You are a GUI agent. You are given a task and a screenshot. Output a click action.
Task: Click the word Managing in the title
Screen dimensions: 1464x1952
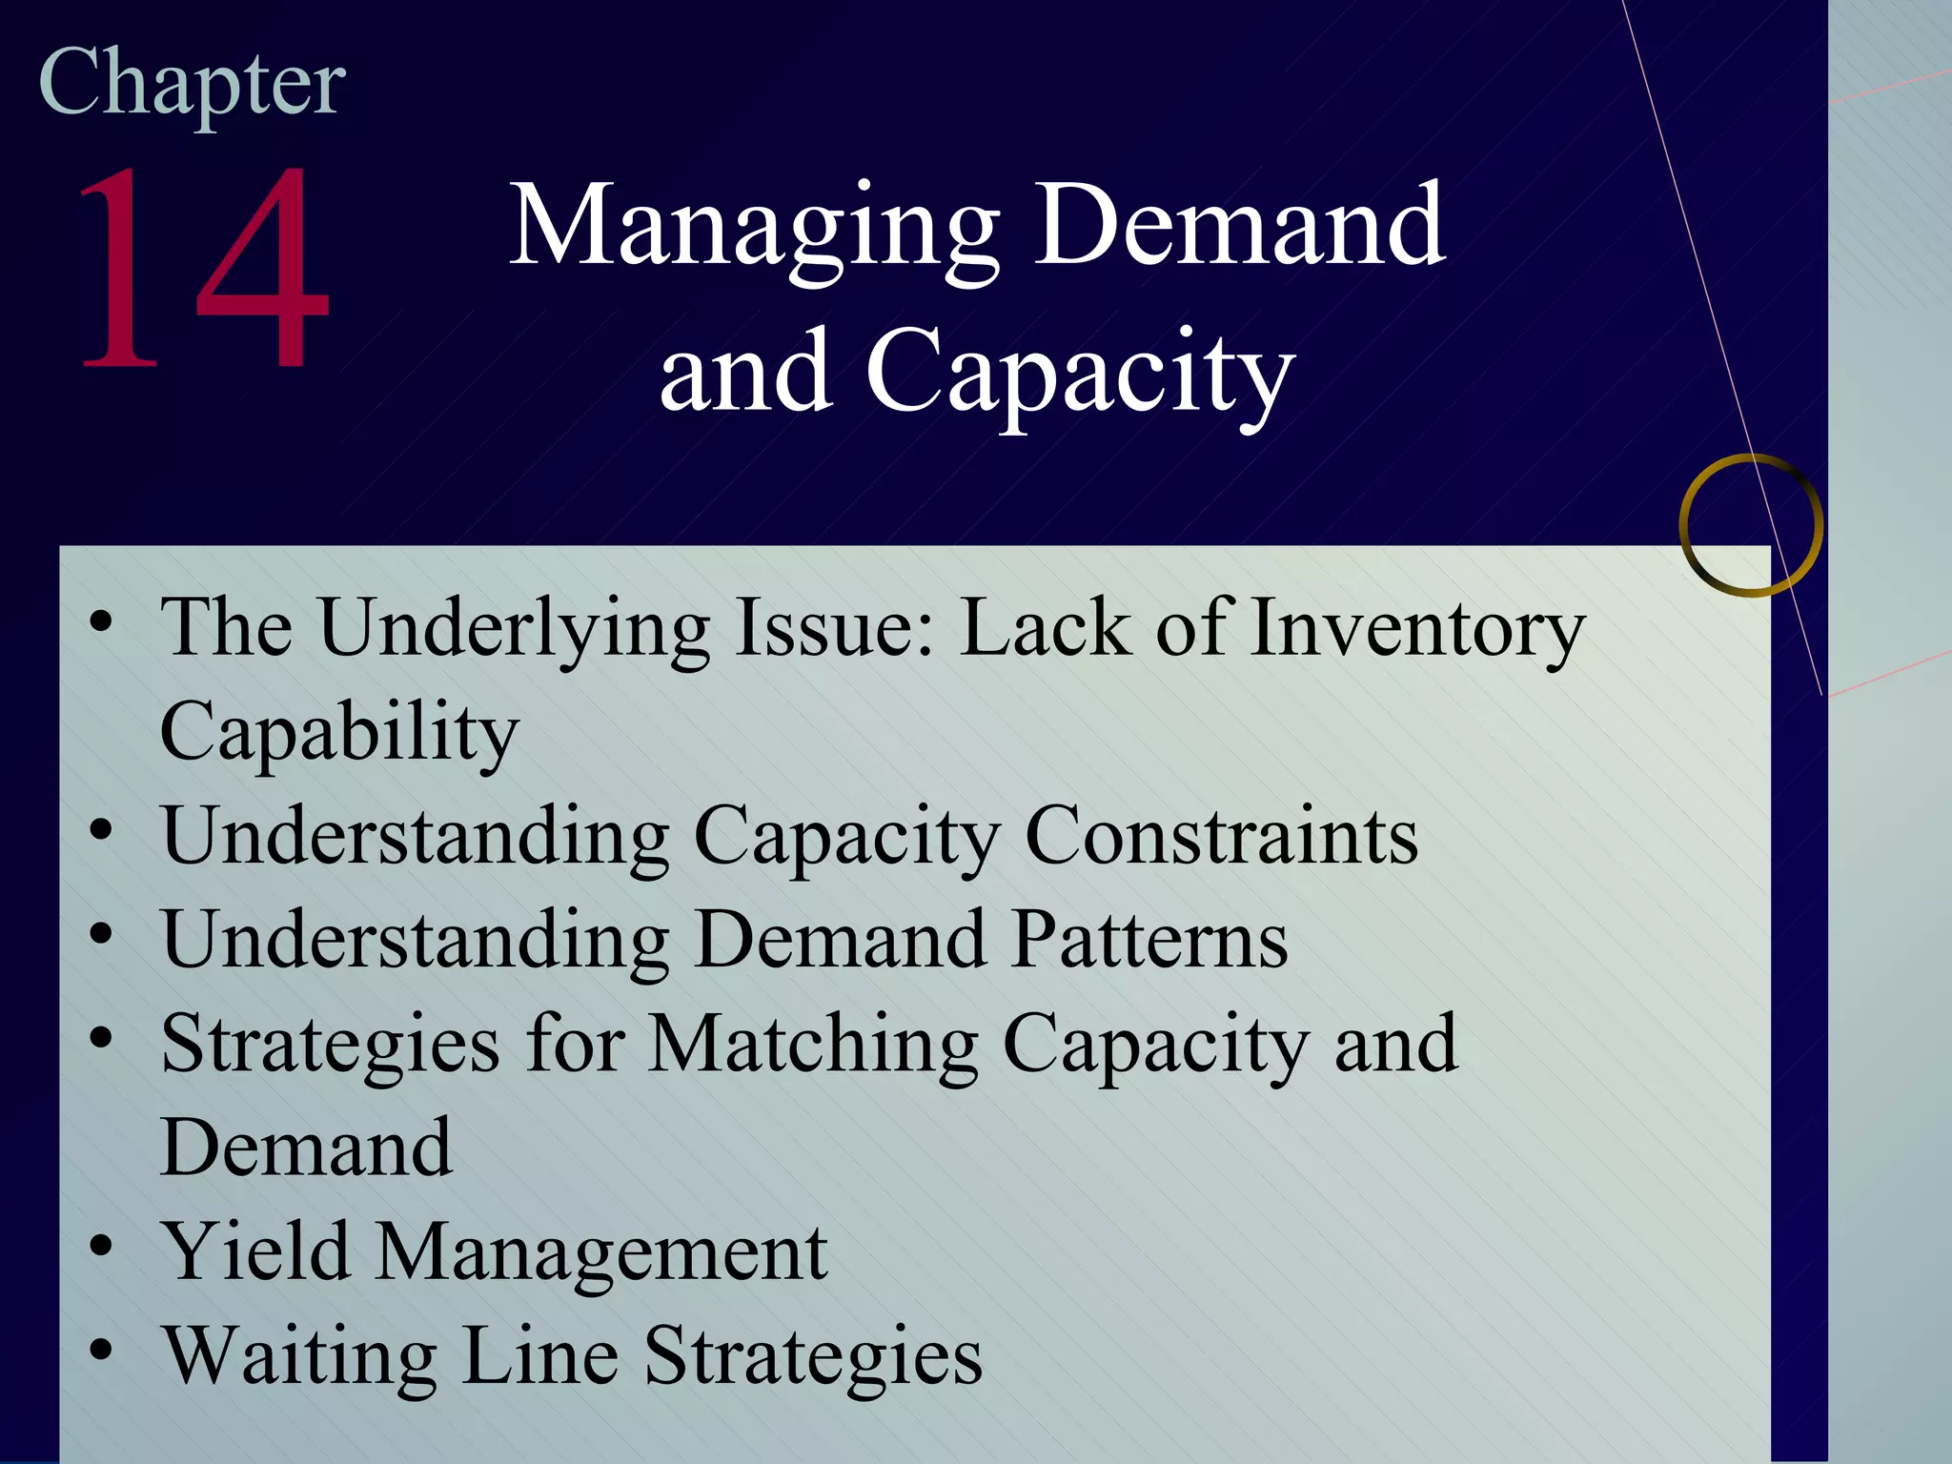point(753,229)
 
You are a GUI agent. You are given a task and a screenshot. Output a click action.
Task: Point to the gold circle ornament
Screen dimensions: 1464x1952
point(1751,525)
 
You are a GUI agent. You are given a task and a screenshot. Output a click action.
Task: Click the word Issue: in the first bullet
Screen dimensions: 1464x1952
point(835,629)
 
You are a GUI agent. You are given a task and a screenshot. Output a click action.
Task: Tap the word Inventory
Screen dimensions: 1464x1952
point(1417,629)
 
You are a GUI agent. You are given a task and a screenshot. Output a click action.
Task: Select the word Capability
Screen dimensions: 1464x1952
point(338,733)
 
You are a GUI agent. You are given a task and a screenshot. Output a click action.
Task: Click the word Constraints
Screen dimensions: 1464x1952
point(1221,837)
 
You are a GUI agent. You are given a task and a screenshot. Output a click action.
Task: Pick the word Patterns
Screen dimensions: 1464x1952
point(1149,941)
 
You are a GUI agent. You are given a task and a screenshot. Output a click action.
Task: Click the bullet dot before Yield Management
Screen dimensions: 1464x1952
point(101,1246)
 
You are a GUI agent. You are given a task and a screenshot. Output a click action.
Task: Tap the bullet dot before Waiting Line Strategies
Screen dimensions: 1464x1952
point(101,1350)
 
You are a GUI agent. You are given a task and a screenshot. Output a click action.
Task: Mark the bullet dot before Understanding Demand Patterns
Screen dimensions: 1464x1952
point(101,933)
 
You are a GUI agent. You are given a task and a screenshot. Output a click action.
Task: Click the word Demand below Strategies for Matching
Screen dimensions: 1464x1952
point(306,1149)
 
